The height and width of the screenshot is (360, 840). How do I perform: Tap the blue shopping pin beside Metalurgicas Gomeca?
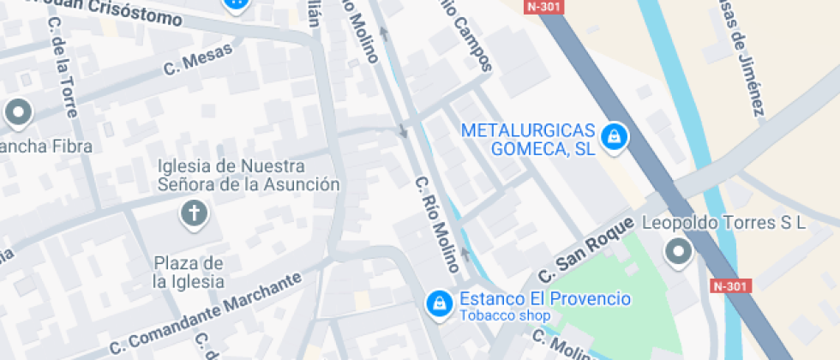click(613, 136)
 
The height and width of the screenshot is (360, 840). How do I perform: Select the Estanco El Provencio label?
click(545, 299)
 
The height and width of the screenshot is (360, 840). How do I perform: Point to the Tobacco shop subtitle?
click(504, 315)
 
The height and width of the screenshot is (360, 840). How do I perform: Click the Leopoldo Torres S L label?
click(724, 224)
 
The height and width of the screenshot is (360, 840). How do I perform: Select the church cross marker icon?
click(195, 213)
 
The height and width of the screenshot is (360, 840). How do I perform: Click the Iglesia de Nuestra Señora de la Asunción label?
click(249, 175)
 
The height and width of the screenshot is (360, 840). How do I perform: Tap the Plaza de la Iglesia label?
click(189, 272)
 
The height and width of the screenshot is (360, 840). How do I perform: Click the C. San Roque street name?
click(586, 251)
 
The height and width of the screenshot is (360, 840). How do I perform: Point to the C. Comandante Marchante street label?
click(207, 315)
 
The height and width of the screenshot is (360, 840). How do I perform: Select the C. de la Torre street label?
click(63, 67)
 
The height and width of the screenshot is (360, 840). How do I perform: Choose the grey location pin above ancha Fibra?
click(17, 111)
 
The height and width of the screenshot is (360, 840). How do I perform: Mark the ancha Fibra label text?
click(47, 147)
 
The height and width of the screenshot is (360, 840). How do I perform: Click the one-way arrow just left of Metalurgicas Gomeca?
click(402, 132)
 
